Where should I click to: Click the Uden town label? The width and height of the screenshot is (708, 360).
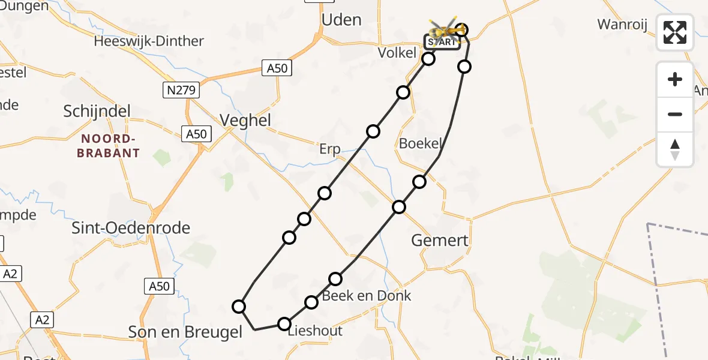pos(341,20)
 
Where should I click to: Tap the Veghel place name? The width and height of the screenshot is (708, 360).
pos(245,121)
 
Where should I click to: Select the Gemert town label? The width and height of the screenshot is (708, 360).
pos(440,241)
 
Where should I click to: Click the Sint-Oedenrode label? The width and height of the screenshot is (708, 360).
pos(131,228)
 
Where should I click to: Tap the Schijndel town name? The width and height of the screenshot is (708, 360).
pos(97,112)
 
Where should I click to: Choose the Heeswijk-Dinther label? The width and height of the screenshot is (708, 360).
pos(149,41)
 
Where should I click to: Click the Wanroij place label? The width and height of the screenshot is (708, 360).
pos(620,25)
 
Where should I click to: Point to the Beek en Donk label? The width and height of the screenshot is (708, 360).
pos(367,296)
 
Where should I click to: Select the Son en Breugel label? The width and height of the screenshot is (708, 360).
pos(185,332)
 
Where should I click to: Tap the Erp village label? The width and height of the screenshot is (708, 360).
pos(330,149)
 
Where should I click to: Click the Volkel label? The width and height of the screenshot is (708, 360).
pos(397,53)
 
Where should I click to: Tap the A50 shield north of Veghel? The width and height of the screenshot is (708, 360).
pos(277,68)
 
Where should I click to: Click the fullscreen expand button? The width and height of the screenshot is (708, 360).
pos(675,32)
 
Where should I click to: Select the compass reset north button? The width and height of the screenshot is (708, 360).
pos(675,149)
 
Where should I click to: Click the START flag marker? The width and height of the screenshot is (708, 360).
pos(442,42)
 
